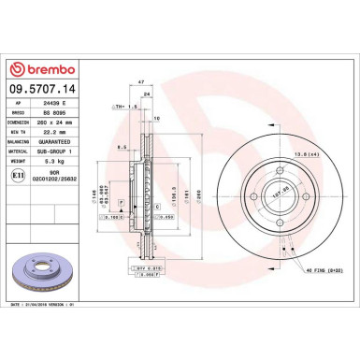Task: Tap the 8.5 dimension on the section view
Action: (x=122, y=148)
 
